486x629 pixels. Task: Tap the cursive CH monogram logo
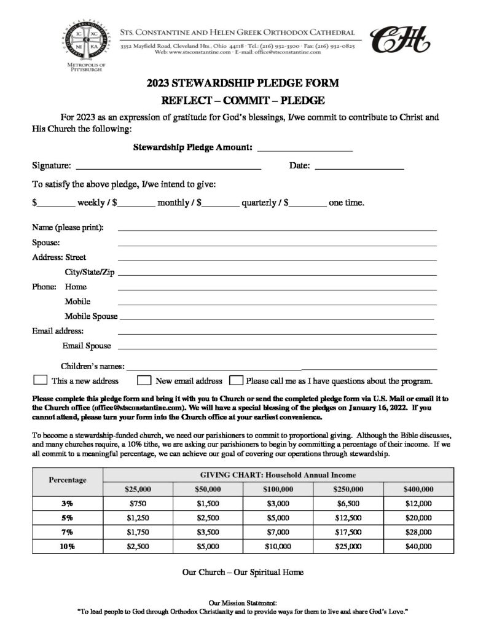point(399,40)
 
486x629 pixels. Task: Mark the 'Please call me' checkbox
point(236,380)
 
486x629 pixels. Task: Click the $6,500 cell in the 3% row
point(349,503)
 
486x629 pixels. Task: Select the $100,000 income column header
point(279,489)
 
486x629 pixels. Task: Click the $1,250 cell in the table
point(138,517)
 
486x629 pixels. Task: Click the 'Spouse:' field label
point(45,243)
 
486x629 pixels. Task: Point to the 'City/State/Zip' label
point(90,272)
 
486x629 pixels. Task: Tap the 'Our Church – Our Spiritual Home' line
point(243,572)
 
